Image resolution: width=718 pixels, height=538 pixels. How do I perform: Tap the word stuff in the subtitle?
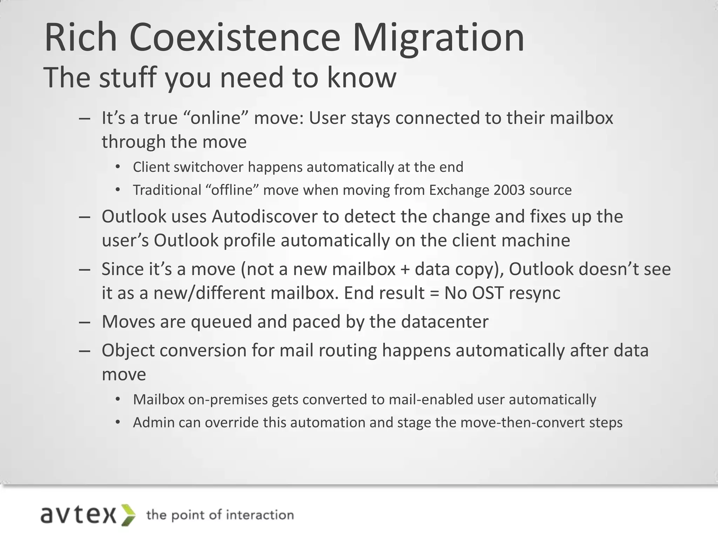click(128, 78)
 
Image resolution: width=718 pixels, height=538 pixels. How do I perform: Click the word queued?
click(221, 322)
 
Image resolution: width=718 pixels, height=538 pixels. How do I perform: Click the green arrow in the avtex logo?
click(128, 515)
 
